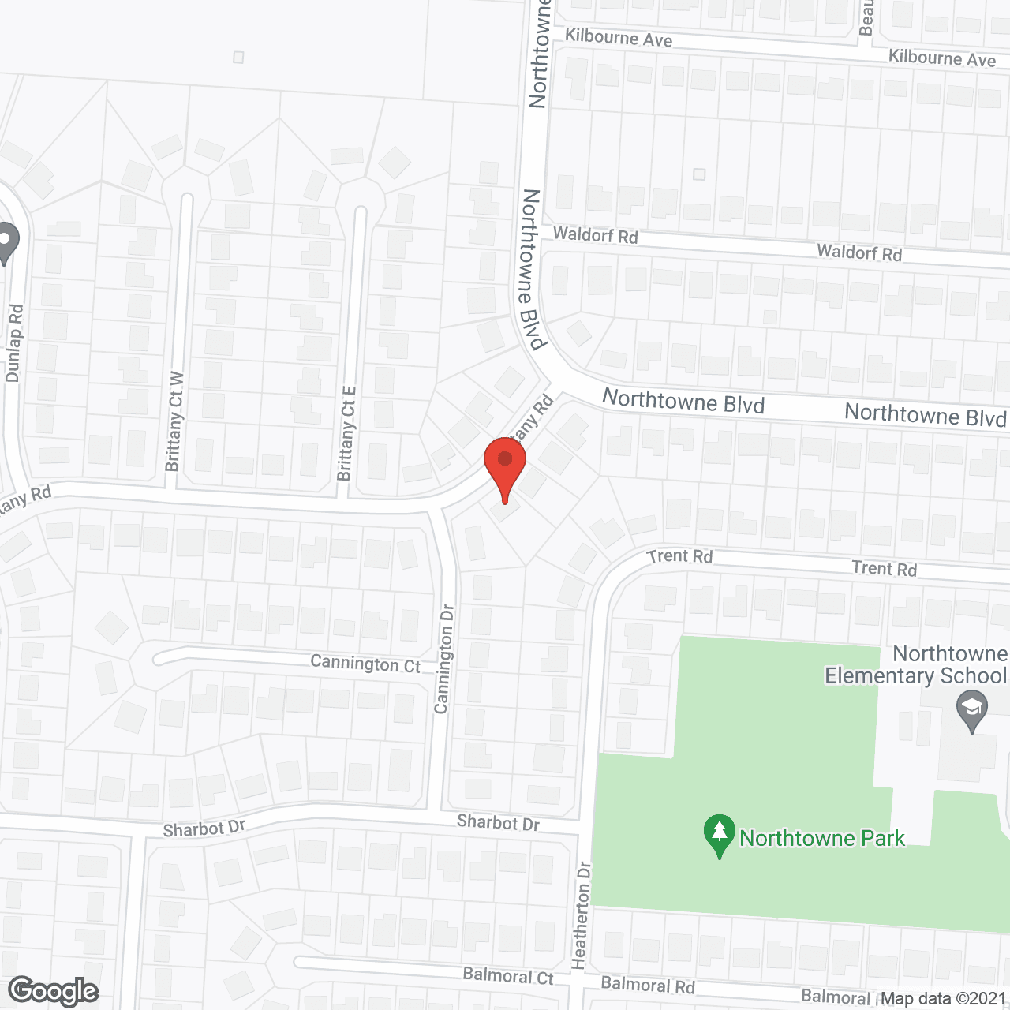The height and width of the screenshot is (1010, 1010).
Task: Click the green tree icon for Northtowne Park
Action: tap(719, 835)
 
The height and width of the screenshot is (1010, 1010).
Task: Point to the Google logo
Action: tap(54, 991)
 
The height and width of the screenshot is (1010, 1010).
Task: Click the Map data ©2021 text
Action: tap(944, 999)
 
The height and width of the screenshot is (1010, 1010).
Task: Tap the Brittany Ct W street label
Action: tap(174, 422)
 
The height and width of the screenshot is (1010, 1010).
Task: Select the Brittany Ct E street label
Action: tap(347, 433)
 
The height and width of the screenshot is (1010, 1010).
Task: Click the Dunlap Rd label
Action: tap(14, 343)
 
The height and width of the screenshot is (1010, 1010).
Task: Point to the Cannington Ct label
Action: tap(365, 664)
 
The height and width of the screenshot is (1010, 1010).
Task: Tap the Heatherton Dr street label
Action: tap(582, 915)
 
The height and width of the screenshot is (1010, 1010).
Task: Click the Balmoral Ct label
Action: tap(508, 976)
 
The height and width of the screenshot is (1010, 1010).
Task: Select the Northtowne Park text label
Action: tap(821, 838)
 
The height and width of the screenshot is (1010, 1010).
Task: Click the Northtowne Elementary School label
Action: tap(916, 664)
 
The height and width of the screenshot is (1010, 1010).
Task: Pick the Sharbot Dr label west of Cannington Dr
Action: tap(204, 829)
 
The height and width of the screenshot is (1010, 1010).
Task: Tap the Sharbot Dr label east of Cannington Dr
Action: tap(498, 823)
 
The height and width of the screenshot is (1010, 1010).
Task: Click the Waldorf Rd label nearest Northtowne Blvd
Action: tap(595, 234)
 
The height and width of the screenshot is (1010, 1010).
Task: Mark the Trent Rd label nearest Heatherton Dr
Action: tap(679, 556)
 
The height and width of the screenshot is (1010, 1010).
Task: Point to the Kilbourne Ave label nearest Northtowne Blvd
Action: tap(619, 38)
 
